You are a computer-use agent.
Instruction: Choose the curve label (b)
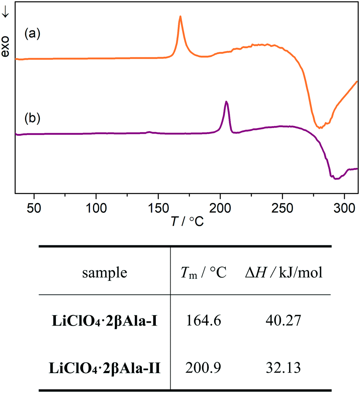(32, 118)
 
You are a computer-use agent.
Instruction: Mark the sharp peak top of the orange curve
(180, 17)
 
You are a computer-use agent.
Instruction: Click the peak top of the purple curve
(226, 102)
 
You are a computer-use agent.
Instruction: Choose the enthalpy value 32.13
(283, 367)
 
